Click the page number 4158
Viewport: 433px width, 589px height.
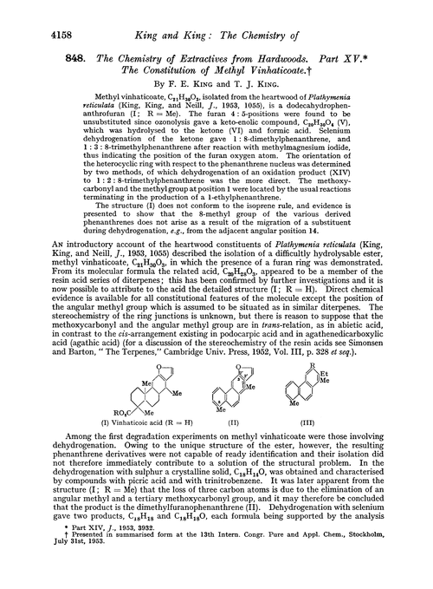tap(30, 14)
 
